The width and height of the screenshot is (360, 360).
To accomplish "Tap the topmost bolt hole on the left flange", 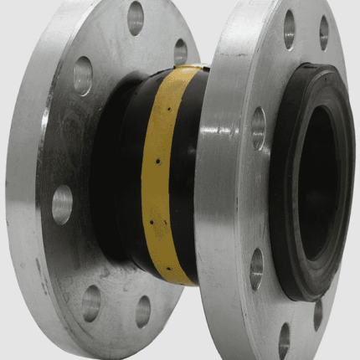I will pyautogui.click(x=136, y=18).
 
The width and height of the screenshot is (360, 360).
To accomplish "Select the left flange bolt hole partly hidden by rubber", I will pyautogui.click(x=180, y=52).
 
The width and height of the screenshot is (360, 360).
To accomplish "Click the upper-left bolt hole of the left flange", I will pyautogui.click(x=83, y=76).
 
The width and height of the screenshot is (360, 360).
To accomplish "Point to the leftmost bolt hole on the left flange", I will pyautogui.click(x=61, y=203).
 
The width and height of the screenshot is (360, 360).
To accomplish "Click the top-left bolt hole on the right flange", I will pyautogui.click(x=290, y=29).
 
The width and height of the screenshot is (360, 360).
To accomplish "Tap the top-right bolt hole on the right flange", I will pyautogui.click(x=323, y=33).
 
